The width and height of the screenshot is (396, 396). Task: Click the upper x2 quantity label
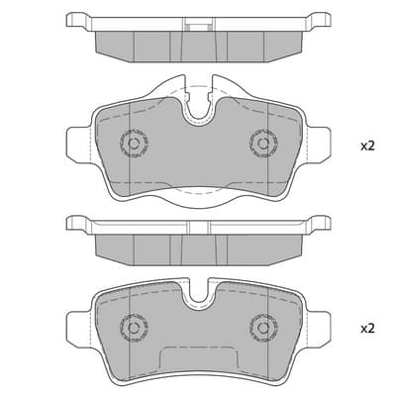(x=367, y=146)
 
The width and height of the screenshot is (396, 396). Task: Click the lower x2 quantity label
(x=367, y=329)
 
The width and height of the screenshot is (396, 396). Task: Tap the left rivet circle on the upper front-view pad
(x=134, y=144)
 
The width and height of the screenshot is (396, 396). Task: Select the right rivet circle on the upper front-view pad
(x=263, y=144)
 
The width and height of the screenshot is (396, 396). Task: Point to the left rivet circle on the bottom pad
(x=134, y=328)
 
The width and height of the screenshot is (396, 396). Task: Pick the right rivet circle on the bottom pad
(x=263, y=328)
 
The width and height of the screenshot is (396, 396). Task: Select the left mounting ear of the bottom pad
(x=78, y=328)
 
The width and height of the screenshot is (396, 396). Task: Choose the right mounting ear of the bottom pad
(x=319, y=328)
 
